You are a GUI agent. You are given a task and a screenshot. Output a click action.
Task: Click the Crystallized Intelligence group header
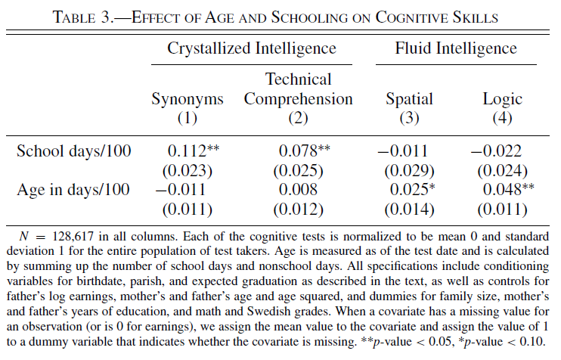[253, 49]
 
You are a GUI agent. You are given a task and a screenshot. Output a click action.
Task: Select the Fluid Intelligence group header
[456, 49]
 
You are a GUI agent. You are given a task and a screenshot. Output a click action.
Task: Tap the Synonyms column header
[187, 99]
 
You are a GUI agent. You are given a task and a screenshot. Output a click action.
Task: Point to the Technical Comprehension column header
[299, 89]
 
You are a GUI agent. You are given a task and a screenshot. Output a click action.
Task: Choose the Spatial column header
[409, 99]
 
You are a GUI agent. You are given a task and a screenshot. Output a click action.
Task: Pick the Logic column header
[503, 99]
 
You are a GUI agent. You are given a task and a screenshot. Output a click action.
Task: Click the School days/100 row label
[74, 151]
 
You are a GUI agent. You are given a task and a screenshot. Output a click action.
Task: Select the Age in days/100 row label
[73, 190]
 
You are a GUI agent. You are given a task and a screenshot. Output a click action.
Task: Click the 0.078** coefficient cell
[303, 151]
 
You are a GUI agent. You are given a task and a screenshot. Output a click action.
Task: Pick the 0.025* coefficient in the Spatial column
[411, 190]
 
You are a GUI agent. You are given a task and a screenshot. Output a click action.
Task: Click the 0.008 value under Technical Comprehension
[298, 190]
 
